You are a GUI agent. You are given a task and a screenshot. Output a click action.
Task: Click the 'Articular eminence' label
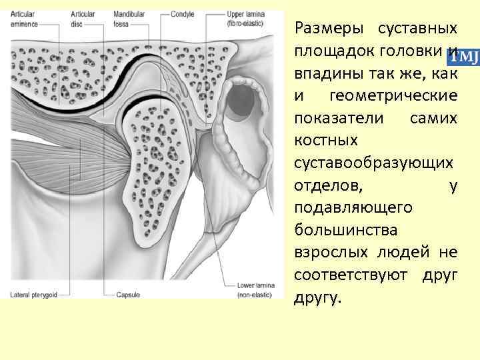(x=24, y=18)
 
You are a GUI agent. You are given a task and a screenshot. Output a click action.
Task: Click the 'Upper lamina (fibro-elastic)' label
(x=245, y=18)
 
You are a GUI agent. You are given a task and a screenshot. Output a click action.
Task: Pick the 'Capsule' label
(x=127, y=294)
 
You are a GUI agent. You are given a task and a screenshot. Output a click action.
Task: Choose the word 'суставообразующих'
(x=375, y=163)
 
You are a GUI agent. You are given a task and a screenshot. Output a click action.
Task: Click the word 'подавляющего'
(x=353, y=208)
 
